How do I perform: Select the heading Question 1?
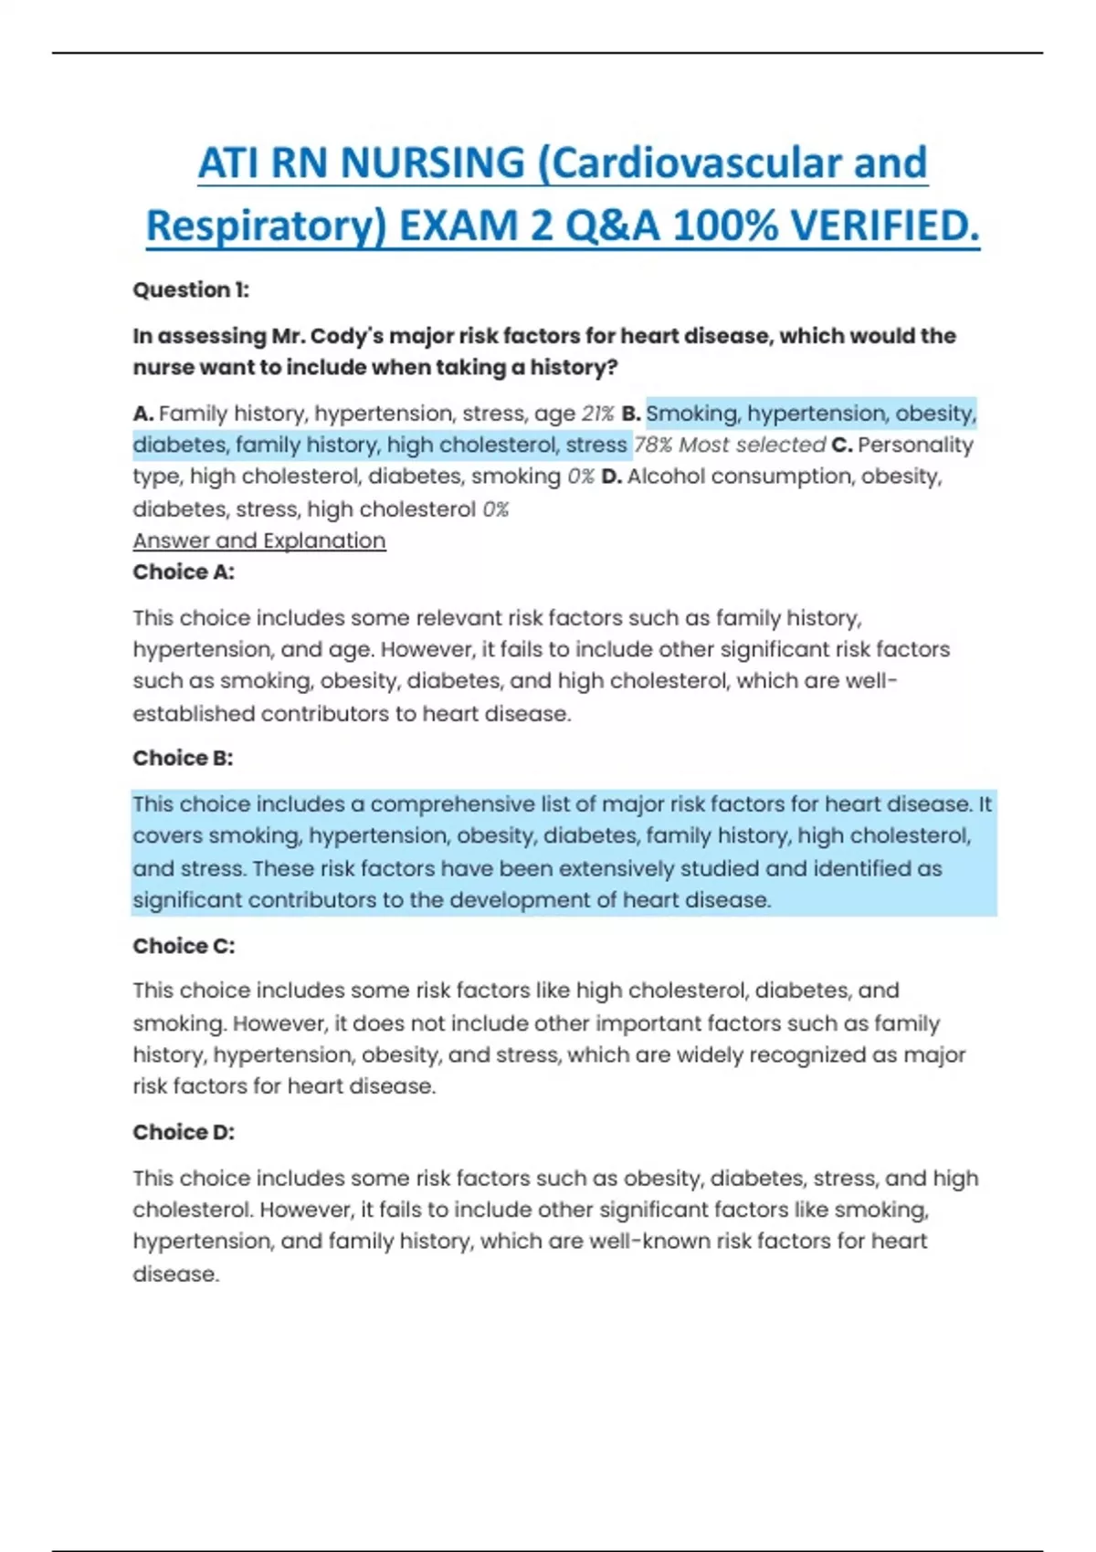[x=191, y=290]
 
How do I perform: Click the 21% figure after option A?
[x=597, y=414]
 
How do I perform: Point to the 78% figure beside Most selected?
[x=652, y=446]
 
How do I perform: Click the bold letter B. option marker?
[x=631, y=414]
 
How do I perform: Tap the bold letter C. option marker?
[x=841, y=446]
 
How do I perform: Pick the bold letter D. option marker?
[x=611, y=477]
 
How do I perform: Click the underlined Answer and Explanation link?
[x=259, y=540]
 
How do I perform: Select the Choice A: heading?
[x=184, y=572]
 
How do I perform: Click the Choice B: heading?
[x=183, y=759]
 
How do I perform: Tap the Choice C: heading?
[x=184, y=946]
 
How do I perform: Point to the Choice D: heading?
[x=184, y=1132]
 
